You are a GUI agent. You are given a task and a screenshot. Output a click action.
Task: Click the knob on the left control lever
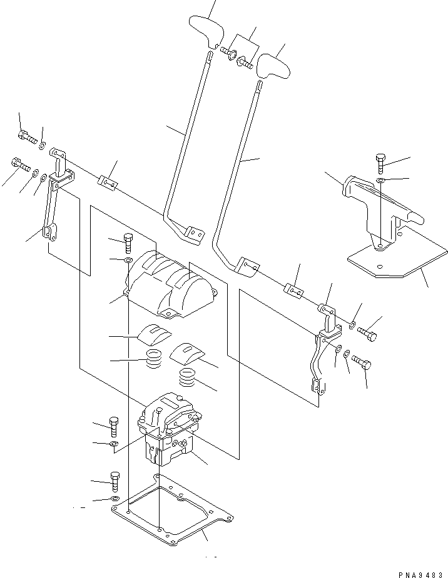(x=204, y=29)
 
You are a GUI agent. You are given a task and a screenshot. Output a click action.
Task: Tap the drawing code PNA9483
(x=420, y=572)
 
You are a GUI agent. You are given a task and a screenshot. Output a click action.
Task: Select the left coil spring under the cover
(x=153, y=360)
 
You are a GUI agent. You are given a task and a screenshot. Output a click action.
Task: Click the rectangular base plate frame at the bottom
(x=172, y=509)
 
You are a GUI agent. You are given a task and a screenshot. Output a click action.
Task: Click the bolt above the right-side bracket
(x=381, y=163)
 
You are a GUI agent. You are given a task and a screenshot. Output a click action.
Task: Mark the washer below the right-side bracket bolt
(x=381, y=182)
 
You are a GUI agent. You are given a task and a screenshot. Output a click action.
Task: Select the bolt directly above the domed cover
(x=129, y=241)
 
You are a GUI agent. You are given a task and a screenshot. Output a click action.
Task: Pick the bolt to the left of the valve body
(x=114, y=427)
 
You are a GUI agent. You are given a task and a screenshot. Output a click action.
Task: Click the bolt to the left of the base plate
(x=114, y=482)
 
